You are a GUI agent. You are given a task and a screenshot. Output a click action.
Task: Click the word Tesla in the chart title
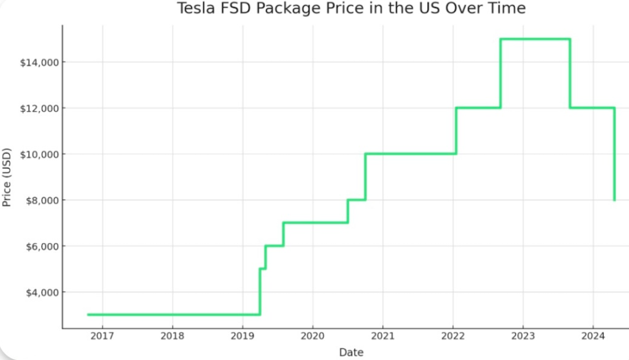[196, 8]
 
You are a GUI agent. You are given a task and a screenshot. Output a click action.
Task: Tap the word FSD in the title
[235, 8]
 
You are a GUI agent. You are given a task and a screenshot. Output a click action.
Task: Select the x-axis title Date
[351, 352]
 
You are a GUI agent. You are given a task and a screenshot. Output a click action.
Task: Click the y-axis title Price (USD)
[7, 177]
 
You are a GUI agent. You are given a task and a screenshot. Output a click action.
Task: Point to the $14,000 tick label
[40, 63]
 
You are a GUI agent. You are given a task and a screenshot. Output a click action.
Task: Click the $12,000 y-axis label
[40, 108]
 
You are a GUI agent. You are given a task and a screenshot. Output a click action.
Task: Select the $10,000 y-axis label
[40, 154]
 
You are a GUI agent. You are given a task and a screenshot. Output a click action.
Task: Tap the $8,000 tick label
[42, 201]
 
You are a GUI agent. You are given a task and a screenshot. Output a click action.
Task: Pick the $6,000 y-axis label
[42, 246]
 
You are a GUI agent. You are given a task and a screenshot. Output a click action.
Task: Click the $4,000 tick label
[42, 293]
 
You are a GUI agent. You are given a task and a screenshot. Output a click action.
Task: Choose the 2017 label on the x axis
[102, 336]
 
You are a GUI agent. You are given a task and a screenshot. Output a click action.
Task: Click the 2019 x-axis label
[242, 336]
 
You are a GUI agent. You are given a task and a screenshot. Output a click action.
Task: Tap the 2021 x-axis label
[383, 336]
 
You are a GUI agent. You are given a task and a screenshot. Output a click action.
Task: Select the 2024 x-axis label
[593, 336]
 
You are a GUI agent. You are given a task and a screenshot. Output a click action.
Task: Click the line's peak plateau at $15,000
[535, 39]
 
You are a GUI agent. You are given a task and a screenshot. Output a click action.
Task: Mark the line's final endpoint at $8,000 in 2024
[615, 200]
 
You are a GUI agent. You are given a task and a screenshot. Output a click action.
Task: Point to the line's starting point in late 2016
[88, 315]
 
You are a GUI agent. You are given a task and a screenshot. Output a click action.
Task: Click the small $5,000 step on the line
[262, 269]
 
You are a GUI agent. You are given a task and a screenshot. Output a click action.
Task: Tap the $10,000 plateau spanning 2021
[410, 154]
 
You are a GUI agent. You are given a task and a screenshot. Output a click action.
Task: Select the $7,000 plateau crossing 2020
[315, 222]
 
